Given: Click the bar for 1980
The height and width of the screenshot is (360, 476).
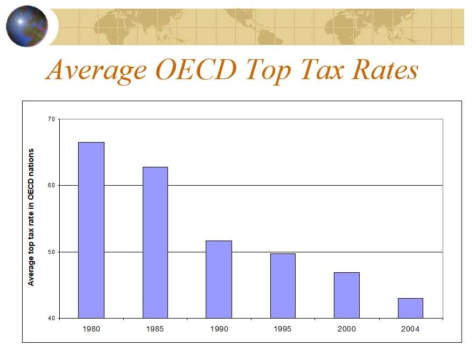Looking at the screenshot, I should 91,230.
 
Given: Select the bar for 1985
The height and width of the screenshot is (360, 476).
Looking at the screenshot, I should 155,242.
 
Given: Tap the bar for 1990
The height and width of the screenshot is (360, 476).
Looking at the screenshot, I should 219,279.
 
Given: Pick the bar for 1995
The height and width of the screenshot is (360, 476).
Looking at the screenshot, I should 283,286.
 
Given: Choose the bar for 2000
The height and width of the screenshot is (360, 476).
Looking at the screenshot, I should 346,295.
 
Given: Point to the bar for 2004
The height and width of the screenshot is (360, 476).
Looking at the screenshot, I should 410,308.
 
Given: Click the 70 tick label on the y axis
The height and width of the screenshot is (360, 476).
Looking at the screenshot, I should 52,119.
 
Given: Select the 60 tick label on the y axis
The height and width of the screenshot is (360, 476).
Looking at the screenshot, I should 52,185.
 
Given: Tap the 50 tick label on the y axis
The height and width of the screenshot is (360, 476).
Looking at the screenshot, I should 52,252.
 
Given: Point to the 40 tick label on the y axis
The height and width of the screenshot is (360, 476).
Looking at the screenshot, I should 52,318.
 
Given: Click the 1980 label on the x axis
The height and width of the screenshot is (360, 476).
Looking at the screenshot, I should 91,328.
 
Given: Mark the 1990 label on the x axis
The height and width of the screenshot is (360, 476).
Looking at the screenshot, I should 219,328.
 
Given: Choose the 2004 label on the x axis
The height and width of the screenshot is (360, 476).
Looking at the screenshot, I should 410,328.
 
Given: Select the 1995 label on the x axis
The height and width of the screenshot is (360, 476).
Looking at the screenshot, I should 283,328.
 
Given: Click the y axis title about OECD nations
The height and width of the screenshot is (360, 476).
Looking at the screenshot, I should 31,217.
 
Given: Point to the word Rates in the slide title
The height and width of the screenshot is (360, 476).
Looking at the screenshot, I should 382,70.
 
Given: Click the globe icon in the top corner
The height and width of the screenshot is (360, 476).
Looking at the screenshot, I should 27,25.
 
